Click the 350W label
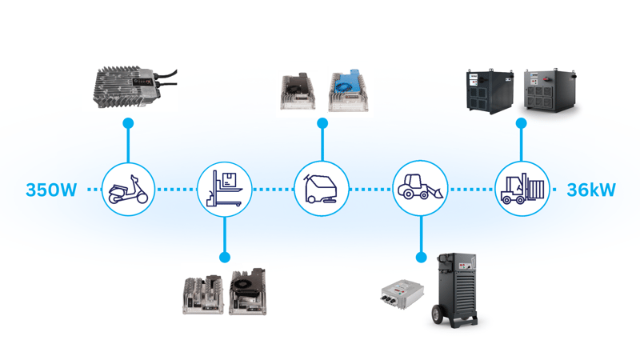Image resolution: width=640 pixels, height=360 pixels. tap(51, 190)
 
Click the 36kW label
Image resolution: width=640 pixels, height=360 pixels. tap(591, 190)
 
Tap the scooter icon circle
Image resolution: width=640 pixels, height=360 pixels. tap(128, 190)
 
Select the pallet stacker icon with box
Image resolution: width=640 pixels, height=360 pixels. tap(224, 190)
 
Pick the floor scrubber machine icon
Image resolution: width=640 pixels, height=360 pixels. tap(322, 190)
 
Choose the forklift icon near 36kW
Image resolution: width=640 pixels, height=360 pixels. tap(521, 190)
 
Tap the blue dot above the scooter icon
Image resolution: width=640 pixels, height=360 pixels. tap(128, 123)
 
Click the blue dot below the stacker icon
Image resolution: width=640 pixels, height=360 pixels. tap(224, 258)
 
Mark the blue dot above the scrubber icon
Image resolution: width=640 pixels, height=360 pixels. tap(322, 123)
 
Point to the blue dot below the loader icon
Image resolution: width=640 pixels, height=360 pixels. tap(420, 258)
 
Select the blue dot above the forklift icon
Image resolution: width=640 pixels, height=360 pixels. tap(521, 123)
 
